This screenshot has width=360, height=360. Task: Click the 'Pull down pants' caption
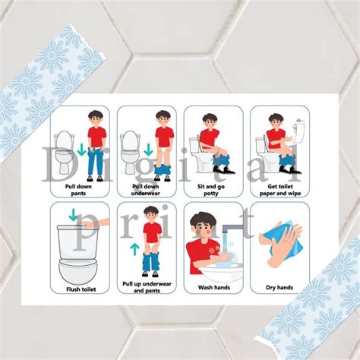80,189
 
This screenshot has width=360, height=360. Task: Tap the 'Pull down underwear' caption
146,189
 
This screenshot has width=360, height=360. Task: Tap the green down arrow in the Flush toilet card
74,216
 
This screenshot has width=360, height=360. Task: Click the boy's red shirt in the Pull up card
153,232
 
